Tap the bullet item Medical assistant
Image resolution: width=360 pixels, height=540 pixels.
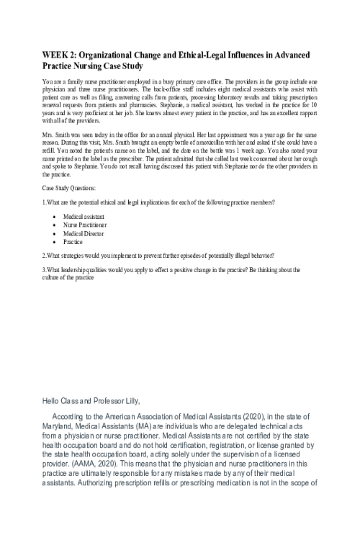click(83, 215)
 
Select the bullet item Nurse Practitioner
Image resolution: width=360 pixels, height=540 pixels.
click(85, 225)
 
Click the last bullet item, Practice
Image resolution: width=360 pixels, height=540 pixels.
click(73, 242)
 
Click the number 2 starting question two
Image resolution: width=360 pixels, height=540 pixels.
click(44, 256)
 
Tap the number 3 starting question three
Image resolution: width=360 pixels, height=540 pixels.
click(44, 269)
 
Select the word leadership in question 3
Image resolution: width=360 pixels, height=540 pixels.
click(74, 269)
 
